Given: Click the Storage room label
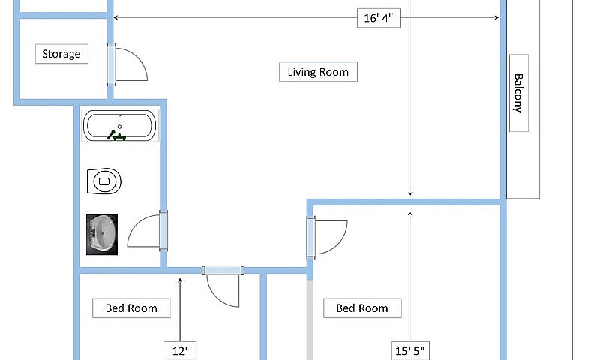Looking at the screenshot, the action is (61, 54).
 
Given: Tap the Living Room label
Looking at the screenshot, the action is (318, 71).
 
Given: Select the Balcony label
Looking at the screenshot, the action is (518, 93).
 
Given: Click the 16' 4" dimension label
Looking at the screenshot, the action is (379, 18).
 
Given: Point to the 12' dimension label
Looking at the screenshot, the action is (180, 351).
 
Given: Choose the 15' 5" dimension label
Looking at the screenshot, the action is (409, 351).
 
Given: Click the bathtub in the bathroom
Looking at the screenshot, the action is (120, 125).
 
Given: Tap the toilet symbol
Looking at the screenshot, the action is (104, 181).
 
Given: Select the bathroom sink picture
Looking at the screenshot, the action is (102, 234).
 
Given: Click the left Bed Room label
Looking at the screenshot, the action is (131, 308).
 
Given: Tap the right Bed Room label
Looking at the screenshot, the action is (362, 308).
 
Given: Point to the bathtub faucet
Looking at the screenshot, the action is (116, 136).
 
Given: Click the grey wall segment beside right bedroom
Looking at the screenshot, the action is (310, 319).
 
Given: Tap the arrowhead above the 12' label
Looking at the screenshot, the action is (180, 280).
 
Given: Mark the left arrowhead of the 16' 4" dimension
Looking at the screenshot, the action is (115, 17).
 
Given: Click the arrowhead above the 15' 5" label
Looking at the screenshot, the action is (409, 214).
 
